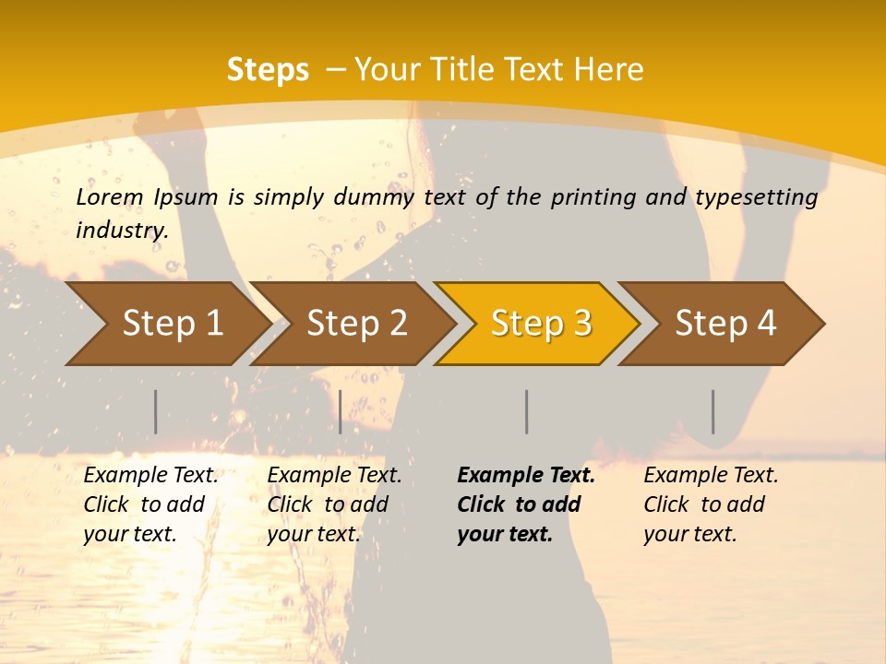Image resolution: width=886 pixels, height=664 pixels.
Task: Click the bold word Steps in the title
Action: (268, 70)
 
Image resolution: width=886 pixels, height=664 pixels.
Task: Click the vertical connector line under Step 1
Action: (156, 411)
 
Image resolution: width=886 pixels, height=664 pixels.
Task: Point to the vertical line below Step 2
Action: (341, 411)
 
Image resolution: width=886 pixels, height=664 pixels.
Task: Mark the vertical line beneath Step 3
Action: (527, 411)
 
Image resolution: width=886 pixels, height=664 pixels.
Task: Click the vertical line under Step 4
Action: (713, 411)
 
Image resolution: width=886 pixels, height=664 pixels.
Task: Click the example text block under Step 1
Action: (150, 504)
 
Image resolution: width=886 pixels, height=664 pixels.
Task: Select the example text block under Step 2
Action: (334, 504)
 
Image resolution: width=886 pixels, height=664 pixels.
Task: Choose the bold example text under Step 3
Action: (526, 504)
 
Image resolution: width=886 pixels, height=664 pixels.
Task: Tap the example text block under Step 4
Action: (711, 504)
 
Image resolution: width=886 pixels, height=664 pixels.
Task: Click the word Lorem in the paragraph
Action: (109, 197)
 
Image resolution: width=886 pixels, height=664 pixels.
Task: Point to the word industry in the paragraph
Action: (122, 231)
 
